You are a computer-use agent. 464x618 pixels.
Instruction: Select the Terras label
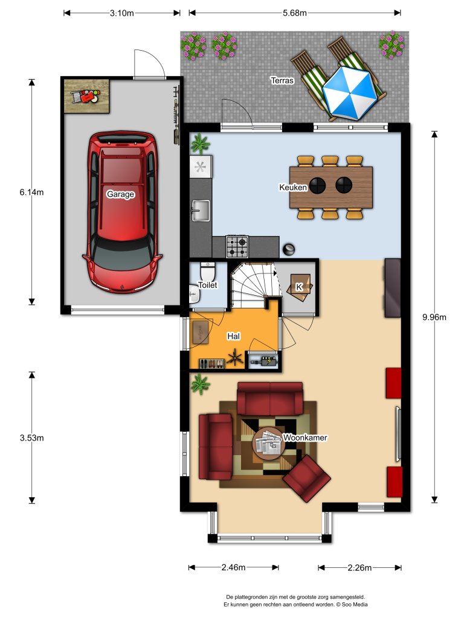tap(282, 80)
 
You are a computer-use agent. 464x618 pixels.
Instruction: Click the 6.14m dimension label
tap(32, 193)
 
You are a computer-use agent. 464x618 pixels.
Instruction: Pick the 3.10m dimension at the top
tap(123, 13)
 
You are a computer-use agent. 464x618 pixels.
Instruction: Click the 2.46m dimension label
tap(233, 567)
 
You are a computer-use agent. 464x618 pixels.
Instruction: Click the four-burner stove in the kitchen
tap(237, 246)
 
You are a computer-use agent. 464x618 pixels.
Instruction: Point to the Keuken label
tap(292, 188)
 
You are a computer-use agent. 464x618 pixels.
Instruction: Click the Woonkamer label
tap(304, 438)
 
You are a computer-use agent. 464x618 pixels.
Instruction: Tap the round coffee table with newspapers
tap(268, 445)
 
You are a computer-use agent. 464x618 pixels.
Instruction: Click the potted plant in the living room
tap(200, 384)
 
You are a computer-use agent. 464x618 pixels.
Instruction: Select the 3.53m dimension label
tap(32, 438)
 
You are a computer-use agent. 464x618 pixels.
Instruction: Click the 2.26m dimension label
tap(359, 567)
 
